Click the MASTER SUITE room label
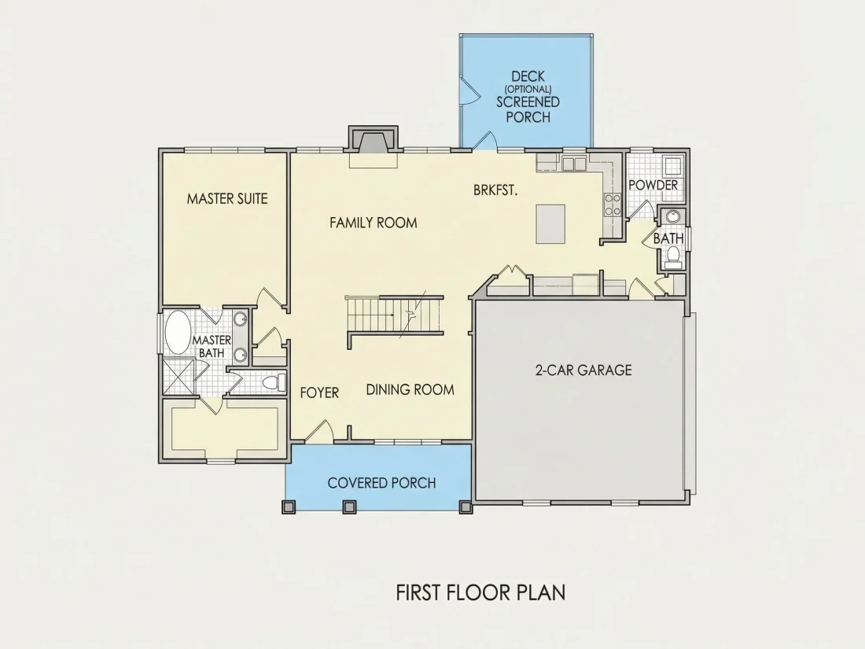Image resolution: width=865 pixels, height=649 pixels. (226, 199)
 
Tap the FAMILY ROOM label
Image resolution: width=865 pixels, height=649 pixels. (374, 223)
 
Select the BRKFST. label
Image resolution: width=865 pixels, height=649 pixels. (495, 190)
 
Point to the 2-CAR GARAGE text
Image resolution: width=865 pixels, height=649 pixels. (583, 370)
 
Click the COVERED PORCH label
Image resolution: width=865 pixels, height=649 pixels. (381, 483)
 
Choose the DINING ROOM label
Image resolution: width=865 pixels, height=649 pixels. (410, 389)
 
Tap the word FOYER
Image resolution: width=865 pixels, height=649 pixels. (319, 393)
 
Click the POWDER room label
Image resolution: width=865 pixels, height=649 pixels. (653, 185)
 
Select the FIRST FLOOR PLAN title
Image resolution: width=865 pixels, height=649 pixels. (481, 592)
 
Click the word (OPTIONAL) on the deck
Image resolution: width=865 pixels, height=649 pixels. (528, 88)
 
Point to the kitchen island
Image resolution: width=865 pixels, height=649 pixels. (550, 223)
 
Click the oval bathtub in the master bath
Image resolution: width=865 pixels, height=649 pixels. (178, 332)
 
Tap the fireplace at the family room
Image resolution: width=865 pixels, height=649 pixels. (373, 142)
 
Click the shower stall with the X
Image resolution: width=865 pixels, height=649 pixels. (179, 376)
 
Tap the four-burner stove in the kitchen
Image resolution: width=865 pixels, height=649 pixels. (613, 205)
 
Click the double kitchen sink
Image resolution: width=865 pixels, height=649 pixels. (574, 164)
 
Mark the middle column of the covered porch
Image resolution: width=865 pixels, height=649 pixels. (349, 507)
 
